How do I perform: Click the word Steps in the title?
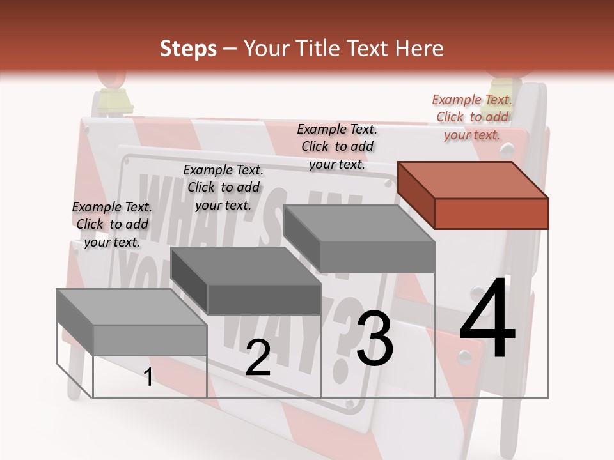tap(188, 49)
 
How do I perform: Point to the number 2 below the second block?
tap(258, 358)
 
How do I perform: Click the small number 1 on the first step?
tap(148, 378)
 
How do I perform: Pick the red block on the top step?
tap(473, 195)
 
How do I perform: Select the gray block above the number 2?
tap(246, 281)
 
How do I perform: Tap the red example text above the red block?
tap(472, 117)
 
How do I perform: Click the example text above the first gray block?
tap(112, 224)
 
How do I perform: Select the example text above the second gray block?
tap(223, 187)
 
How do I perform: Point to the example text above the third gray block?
tap(337, 146)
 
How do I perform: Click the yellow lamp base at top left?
tap(113, 102)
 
